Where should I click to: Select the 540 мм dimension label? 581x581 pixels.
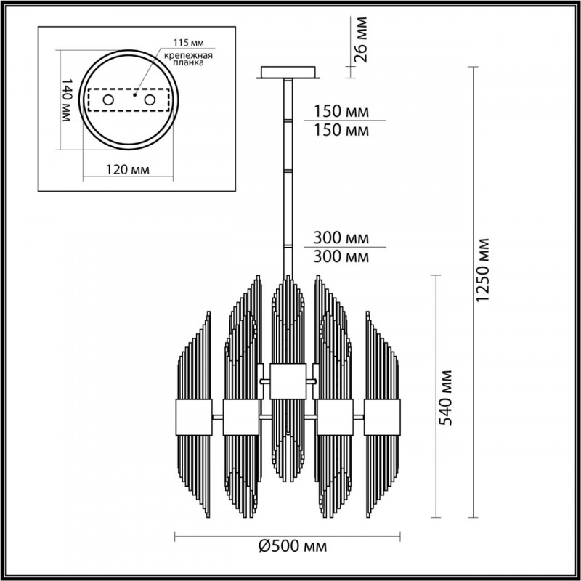pyautogui.click(x=447, y=397)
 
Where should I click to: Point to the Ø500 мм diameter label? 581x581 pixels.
pyautogui.click(x=290, y=546)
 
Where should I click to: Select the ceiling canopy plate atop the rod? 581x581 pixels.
pyautogui.click(x=288, y=73)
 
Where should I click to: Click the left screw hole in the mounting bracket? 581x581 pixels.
pyautogui.click(x=108, y=99)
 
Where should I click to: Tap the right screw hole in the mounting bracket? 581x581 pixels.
pyautogui.click(x=150, y=99)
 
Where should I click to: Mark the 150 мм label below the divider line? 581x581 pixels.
pyautogui.click(x=341, y=131)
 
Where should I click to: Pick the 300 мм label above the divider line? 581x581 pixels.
pyautogui.click(x=341, y=238)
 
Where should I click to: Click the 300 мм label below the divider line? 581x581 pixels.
pyautogui.click(x=341, y=256)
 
